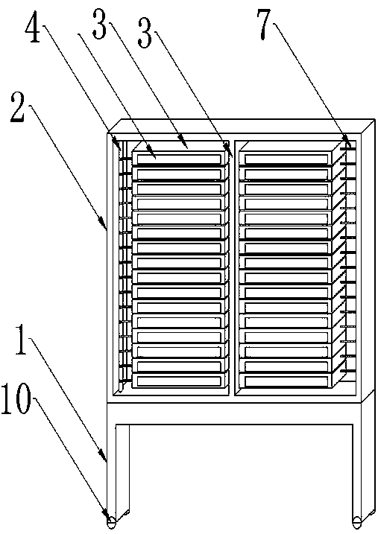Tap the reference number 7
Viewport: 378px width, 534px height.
266,24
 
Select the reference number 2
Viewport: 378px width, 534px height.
18,107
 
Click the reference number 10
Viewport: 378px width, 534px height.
16,398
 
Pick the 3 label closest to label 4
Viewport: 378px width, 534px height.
100,24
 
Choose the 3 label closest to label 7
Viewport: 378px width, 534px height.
145,33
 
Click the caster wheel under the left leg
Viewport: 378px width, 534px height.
111,523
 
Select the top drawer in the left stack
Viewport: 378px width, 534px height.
179,158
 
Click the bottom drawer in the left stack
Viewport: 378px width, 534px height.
179,381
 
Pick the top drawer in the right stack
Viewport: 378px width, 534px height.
286,158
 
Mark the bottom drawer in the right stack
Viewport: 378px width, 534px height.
286,381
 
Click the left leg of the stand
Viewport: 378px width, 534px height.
118,471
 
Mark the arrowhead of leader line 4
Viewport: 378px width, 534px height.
119,144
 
